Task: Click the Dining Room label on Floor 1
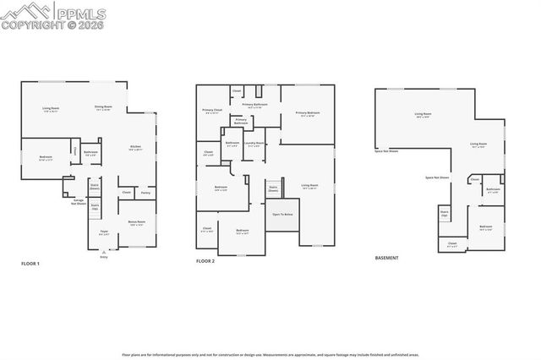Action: (103, 107)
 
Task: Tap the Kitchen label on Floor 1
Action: (135, 147)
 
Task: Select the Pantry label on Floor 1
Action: (145, 194)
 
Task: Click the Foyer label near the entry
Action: (104, 231)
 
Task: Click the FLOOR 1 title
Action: (30, 264)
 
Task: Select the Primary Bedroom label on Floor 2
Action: (308, 113)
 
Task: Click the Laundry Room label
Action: (254, 144)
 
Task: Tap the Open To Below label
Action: (281, 215)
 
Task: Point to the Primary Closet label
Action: (211, 112)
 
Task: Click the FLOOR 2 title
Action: (205, 262)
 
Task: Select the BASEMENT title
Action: (387, 257)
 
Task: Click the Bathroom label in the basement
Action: (493, 189)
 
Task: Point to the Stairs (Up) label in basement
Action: (444, 215)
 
